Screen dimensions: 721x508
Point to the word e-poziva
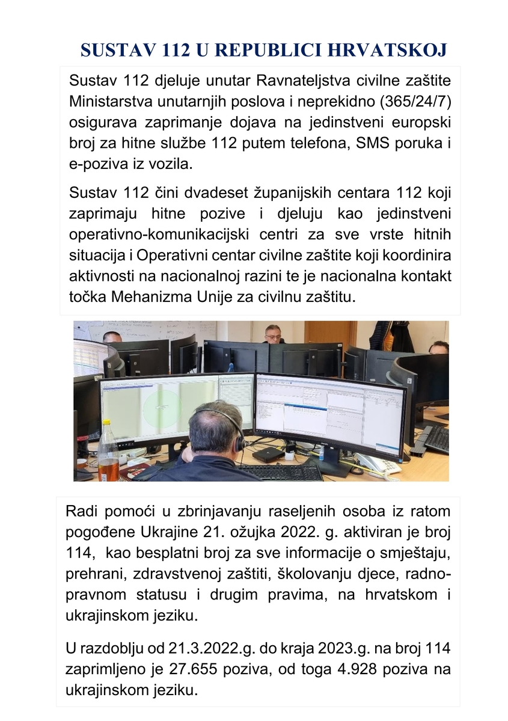[x=95, y=164]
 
